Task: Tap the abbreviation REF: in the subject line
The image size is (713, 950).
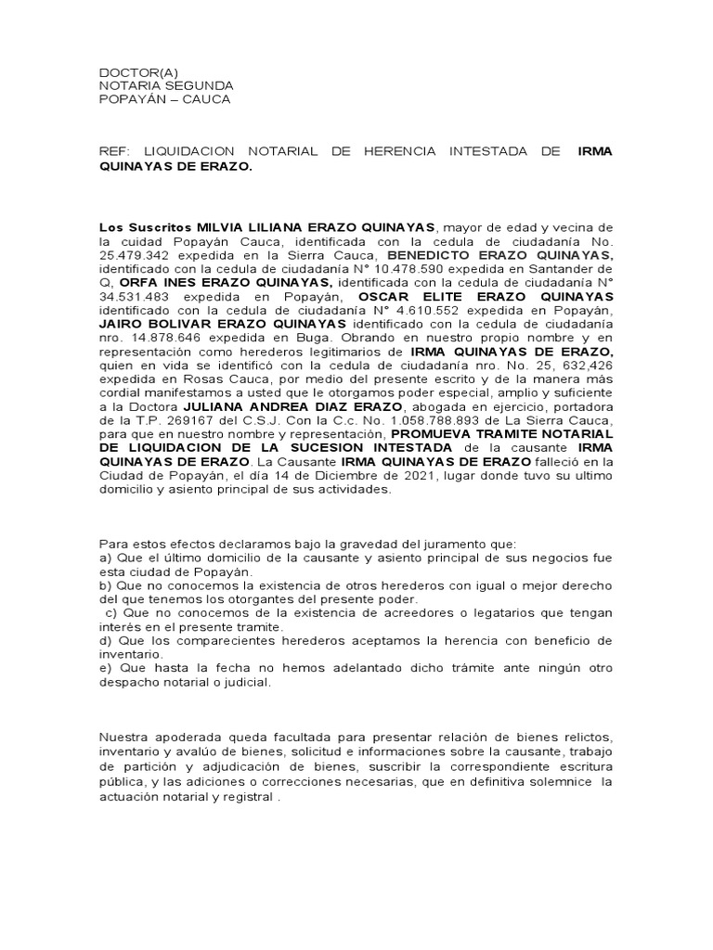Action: click(114, 150)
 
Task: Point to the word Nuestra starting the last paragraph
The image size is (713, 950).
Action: click(125, 738)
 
